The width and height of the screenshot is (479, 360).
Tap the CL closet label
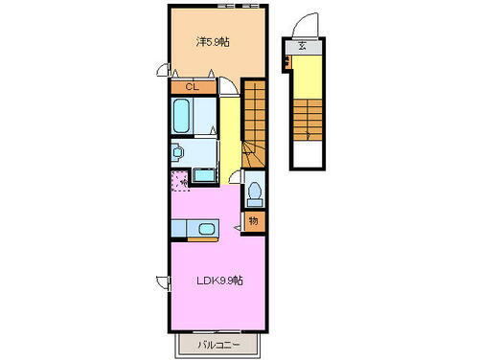click(192, 87)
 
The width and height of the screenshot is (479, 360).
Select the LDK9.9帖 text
click(221, 281)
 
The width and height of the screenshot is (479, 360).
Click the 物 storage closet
click(253, 221)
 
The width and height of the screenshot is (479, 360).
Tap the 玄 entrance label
click(302, 46)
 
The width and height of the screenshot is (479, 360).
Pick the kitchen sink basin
click(205, 228)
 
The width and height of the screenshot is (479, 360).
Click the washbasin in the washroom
click(177, 151)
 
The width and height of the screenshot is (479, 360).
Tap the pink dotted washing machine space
click(180, 179)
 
